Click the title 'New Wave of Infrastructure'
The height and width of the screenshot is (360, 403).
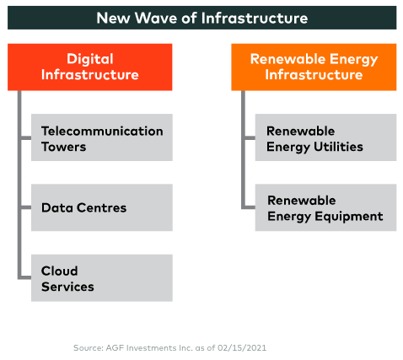click(x=202, y=18)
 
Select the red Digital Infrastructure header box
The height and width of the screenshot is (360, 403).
click(x=90, y=67)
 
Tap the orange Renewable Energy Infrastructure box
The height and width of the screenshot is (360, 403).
click(x=314, y=67)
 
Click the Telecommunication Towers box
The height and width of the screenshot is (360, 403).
click(x=102, y=137)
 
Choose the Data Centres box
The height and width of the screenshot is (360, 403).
click(x=102, y=207)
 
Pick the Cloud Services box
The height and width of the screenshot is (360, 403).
click(x=102, y=278)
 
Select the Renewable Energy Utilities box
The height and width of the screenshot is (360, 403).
click(x=325, y=137)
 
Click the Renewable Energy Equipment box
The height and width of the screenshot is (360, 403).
click(x=325, y=207)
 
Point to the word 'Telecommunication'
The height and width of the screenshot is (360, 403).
click(x=102, y=131)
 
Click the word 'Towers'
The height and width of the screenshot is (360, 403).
click(x=64, y=147)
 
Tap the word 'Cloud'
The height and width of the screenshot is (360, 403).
click(x=60, y=271)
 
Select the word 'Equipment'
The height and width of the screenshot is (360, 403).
click(x=349, y=217)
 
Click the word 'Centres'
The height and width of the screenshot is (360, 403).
click(x=101, y=207)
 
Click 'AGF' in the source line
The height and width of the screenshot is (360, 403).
click(x=113, y=348)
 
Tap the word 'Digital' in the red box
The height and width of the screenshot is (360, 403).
click(x=90, y=59)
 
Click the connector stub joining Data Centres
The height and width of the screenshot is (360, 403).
click(x=26, y=207)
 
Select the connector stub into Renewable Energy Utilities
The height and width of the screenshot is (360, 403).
click(x=250, y=137)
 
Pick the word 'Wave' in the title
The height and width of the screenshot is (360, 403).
click(x=156, y=18)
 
